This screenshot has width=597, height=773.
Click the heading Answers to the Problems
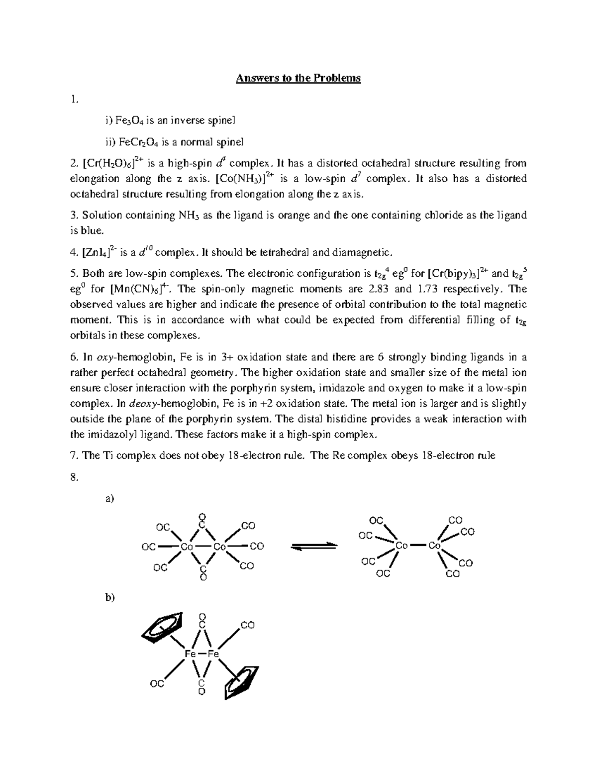click(298, 78)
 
